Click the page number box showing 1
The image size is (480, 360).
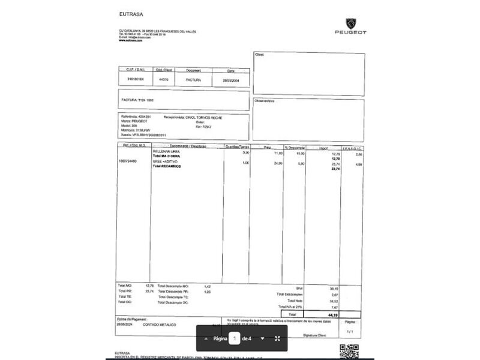click(x=235, y=338)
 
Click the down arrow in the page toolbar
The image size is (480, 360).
click(x=262, y=338)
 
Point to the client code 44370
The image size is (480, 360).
click(x=163, y=79)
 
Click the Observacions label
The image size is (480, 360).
click(x=265, y=101)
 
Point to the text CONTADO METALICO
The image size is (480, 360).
click(x=160, y=325)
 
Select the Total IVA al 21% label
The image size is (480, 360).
click(x=290, y=307)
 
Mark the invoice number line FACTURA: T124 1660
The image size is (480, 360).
click(x=138, y=99)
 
